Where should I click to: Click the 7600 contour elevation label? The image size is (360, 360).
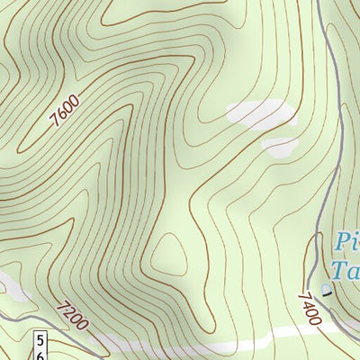click(x=66, y=108)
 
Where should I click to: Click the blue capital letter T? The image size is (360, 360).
click(x=340, y=270)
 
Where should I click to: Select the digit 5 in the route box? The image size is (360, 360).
click(x=41, y=340)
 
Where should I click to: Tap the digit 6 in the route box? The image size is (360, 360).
click(x=41, y=355)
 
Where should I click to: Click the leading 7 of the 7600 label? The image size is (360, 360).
click(x=56, y=119)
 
